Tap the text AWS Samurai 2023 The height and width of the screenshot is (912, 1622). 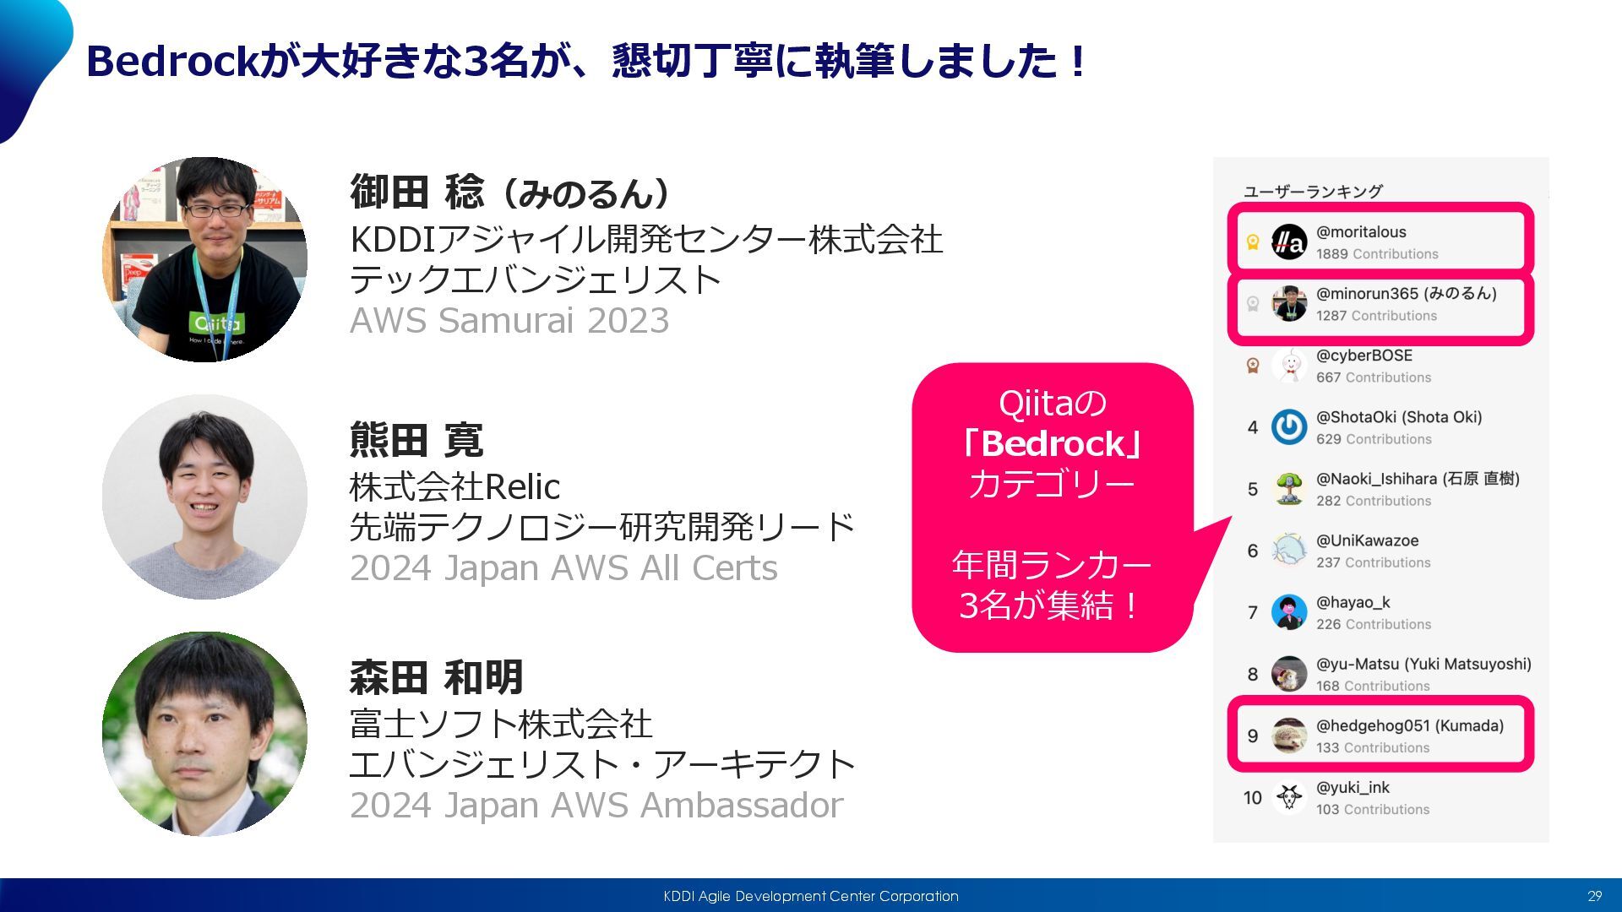pos(509,321)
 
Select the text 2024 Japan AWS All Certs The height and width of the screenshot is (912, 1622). pos(563,568)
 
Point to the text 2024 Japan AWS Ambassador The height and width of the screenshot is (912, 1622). pos(596,806)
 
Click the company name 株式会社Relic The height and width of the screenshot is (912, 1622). pos(454,487)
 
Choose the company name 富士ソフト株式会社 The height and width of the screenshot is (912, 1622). pos(501,725)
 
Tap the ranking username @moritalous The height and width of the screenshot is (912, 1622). pos(1361,232)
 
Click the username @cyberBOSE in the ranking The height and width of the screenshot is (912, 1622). pos(1363,356)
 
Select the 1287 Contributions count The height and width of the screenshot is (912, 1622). pos(1376,316)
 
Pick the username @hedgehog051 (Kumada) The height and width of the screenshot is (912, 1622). pos(1410,726)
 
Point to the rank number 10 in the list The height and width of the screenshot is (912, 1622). pos(1252,798)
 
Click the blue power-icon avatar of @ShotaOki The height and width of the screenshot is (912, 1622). pos(1289,427)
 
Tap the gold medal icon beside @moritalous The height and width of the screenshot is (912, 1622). pos(1253,243)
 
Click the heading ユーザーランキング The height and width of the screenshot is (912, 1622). pos(1313,192)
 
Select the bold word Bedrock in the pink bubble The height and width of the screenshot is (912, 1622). pos(1053,443)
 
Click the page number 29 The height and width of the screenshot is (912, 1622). pos(1594,896)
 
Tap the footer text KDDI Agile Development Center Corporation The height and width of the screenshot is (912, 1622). pos(811,896)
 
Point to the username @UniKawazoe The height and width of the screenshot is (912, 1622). pos(1367,541)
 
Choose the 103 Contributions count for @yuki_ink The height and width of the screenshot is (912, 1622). pos(1373,810)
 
